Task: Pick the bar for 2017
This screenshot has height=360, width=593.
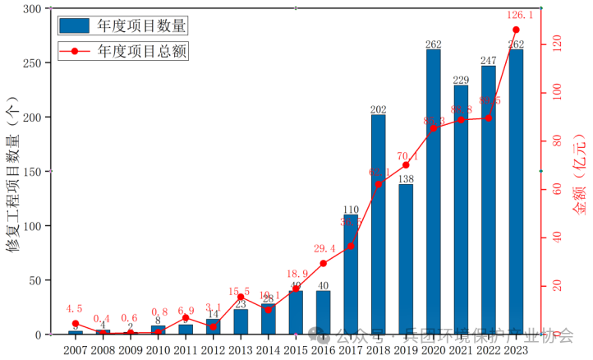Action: coord(351,275)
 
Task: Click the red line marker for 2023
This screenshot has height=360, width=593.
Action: coord(516,30)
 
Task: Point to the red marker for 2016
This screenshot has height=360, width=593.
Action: coord(323,264)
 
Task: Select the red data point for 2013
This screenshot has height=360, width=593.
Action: coord(241,298)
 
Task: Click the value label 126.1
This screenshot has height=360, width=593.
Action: coord(516,15)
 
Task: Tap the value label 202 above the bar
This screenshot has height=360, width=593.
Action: coord(378,109)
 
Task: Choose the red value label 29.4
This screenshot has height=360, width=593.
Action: coord(323,248)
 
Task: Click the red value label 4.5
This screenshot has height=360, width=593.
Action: coord(75,309)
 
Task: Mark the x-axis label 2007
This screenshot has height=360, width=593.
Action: coord(75,349)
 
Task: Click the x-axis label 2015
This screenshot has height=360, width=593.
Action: coord(295,349)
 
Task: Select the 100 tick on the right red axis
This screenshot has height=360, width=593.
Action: coord(558,94)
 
